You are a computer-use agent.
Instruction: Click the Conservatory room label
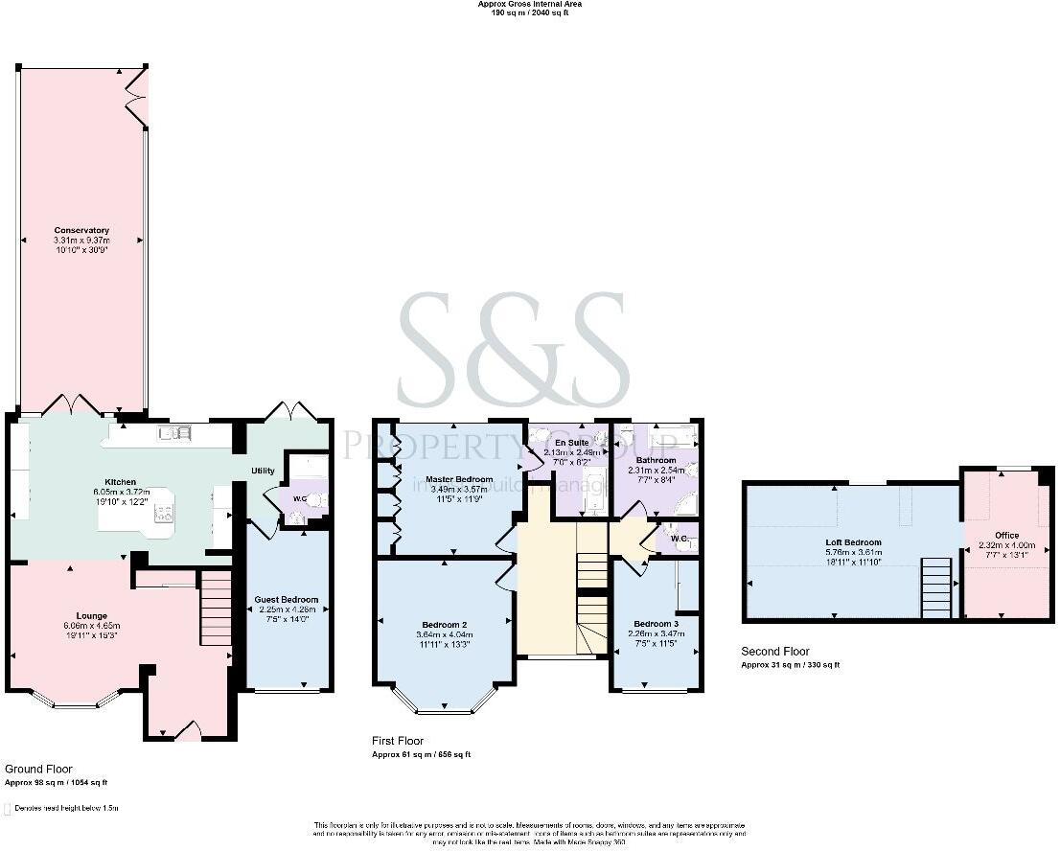click(x=81, y=230)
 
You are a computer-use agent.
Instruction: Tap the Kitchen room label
click(x=120, y=482)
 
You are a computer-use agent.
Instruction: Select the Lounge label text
click(x=92, y=615)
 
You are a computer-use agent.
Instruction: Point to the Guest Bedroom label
click(x=286, y=600)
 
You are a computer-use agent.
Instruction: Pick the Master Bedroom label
click(x=459, y=479)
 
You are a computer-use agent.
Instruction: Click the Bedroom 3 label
click(x=656, y=624)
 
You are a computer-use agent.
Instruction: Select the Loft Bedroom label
click(x=853, y=542)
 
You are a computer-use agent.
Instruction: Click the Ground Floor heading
click(x=35, y=769)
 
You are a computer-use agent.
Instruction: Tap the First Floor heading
click(x=398, y=741)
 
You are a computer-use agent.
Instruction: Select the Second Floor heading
click(x=775, y=652)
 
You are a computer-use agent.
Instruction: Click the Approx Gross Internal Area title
click(x=530, y=4)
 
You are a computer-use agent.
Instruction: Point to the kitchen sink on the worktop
click(x=176, y=434)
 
